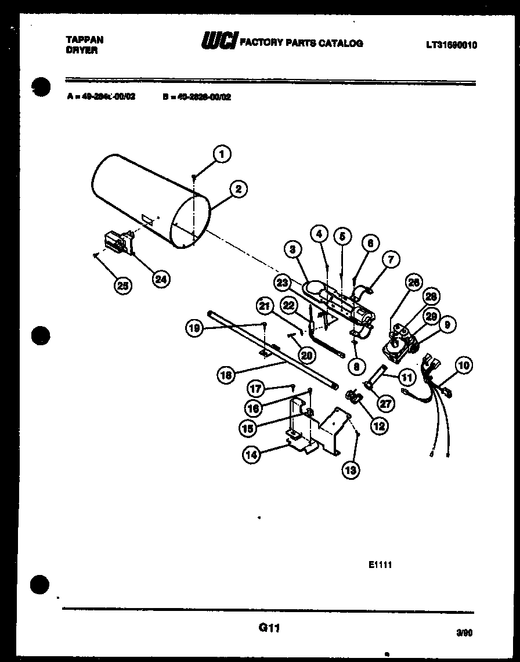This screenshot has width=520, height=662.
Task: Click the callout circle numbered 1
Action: click(x=221, y=154)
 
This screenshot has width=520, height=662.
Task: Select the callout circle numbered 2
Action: click(x=238, y=189)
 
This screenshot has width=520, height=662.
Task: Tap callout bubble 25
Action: click(x=122, y=285)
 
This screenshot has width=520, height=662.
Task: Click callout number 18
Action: click(x=226, y=375)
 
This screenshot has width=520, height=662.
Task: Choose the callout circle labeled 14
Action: click(x=251, y=455)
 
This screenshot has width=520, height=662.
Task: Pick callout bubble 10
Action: click(x=464, y=366)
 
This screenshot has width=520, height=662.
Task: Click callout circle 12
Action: click(x=379, y=426)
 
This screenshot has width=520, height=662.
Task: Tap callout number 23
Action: click(x=283, y=283)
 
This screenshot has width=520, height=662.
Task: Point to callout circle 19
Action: click(x=194, y=328)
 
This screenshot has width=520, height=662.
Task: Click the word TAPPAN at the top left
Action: click(x=85, y=40)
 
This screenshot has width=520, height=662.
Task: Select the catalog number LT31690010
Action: click(x=451, y=45)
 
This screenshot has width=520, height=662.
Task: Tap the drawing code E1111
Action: click(x=380, y=564)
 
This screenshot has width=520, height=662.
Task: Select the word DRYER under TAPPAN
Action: click(x=82, y=50)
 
